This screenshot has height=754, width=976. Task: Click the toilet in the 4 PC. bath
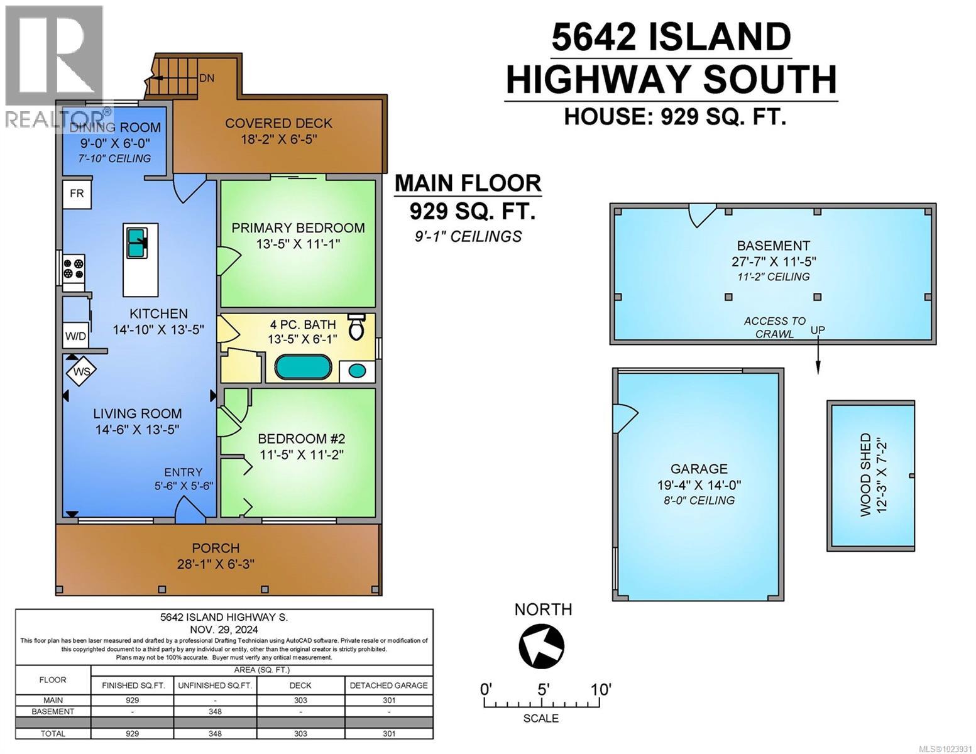[x=356, y=326]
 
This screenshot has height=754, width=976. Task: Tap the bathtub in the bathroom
[x=303, y=368]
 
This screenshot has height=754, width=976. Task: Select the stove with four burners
[x=73, y=269]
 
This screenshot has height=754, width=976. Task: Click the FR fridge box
[x=77, y=194]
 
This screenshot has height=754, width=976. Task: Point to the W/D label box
[x=76, y=336]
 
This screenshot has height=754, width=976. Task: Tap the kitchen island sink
[x=136, y=242]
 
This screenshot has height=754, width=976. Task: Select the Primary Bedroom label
[x=298, y=227]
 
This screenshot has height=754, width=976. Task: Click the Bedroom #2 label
[x=302, y=439]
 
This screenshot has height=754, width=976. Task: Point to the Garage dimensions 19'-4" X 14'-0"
[x=698, y=484]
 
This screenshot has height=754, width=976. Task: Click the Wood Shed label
[x=865, y=475]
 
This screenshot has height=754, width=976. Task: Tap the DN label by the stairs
[x=206, y=79]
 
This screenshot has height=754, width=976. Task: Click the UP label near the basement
[x=818, y=330]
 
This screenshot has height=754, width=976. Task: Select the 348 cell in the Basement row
[x=215, y=711]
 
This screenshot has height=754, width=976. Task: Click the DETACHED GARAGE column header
[x=388, y=686]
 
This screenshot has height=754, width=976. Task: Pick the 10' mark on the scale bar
[x=600, y=690]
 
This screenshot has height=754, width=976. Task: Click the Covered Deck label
[x=278, y=123]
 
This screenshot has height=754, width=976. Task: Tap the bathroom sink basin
[x=357, y=371]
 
